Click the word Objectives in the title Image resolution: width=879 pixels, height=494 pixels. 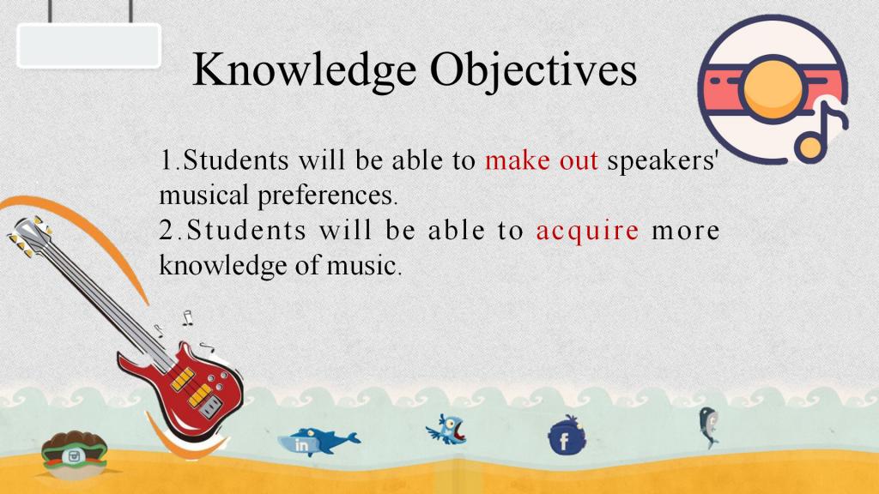pos(534,70)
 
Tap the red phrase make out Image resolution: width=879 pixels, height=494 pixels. pos(542,160)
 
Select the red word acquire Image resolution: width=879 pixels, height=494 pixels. pos(587,231)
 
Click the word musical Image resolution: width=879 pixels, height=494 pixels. pos(203,195)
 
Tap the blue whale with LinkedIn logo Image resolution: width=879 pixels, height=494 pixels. pos(318,442)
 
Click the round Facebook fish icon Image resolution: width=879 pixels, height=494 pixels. pos(567,437)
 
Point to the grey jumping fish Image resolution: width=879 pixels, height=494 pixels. pos(708,427)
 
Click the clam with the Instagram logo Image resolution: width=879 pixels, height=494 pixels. pos(74,455)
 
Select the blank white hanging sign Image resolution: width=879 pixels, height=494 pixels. pos(89,46)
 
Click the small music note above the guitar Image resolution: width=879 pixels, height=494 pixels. pos(187,318)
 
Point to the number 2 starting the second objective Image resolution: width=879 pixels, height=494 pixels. pos(167,231)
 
